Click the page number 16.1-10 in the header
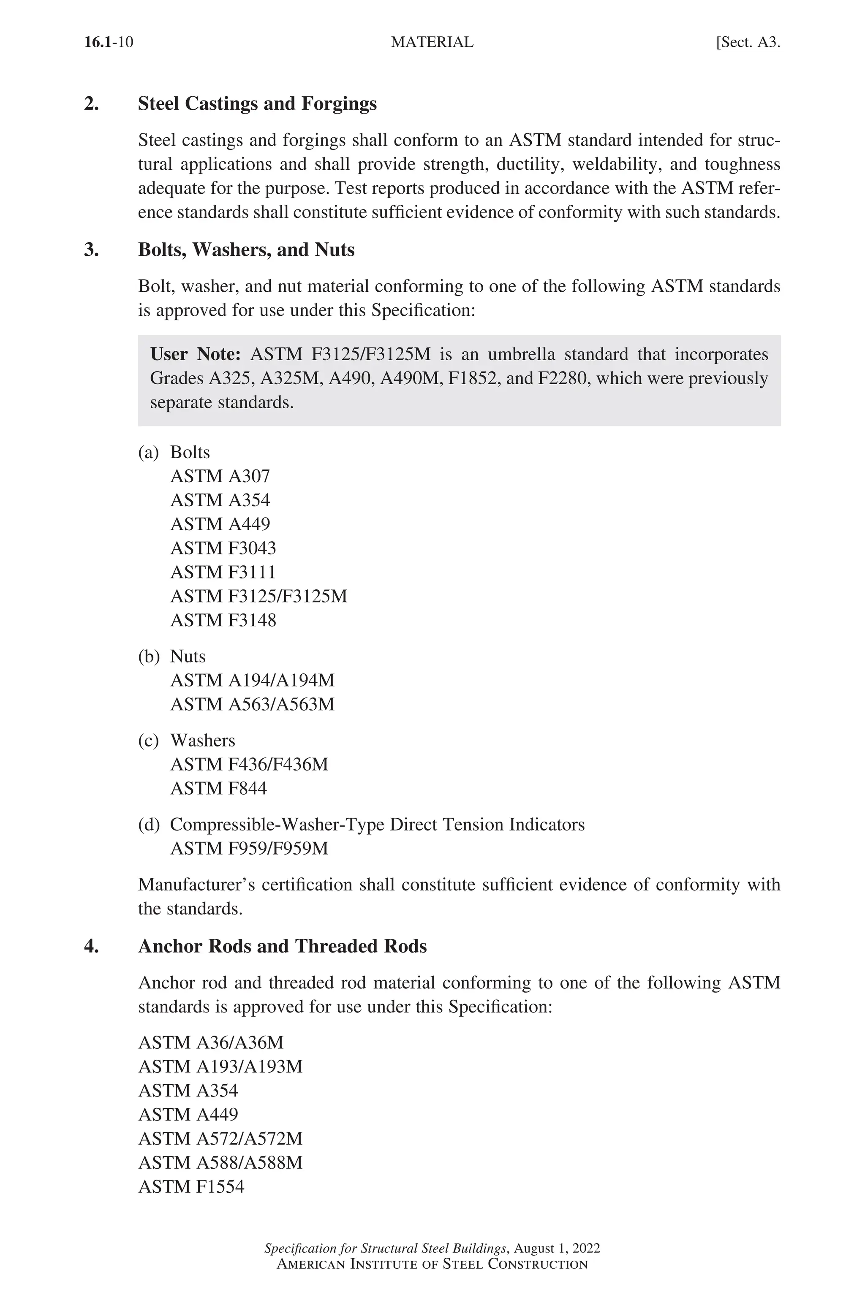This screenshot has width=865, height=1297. [x=109, y=43]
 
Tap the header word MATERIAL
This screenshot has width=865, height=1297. [x=432, y=43]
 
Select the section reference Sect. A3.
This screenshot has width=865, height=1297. [x=748, y=43]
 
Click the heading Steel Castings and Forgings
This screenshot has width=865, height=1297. [x=257, y=104]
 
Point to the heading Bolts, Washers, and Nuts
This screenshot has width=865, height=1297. [x=246, y=250]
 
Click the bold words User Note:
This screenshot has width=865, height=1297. [x=195, y=354]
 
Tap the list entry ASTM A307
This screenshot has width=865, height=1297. [x=220, y=476]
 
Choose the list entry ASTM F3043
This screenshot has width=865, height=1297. [x=223, y=548]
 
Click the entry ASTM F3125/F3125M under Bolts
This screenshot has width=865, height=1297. [x=259, y=596]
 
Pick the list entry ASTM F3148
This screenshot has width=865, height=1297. [x=223, y=620]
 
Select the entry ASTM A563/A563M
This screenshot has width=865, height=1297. [x=252, y=704]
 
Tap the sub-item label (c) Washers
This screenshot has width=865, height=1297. [x=186, y=740]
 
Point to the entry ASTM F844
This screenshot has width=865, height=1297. [x=218, y=789]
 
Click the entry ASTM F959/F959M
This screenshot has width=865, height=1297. [x=249, y=848]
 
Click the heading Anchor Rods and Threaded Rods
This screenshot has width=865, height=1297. [x=283, y=946]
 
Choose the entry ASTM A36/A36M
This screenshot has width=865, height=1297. [x=211, y=1042]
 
